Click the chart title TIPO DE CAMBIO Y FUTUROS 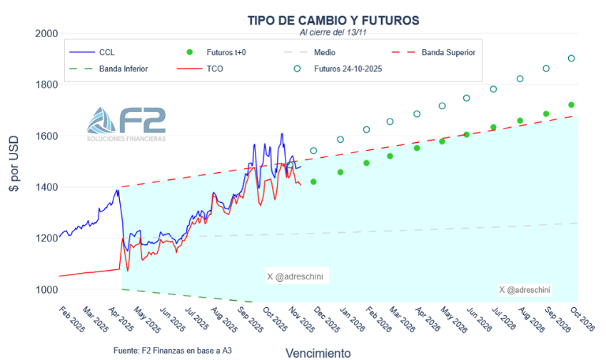pyautogui.click(x=333, y=20)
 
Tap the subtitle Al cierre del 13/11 pyautogui.click(x=333, y=32)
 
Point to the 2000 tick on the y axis pyautogui.click(x=46, y=34)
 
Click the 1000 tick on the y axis pyautogui.click(x=46, y=289)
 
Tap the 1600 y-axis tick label pyautogui.click(x=46, y=136)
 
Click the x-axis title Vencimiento pyautogui.click(x=318, y=353)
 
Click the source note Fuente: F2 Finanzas pyautogui.click(x=172, y=351)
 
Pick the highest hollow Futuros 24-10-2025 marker pyautogui.click(x=571, y=59)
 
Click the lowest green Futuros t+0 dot pyautogui.click(x=313, y=181)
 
